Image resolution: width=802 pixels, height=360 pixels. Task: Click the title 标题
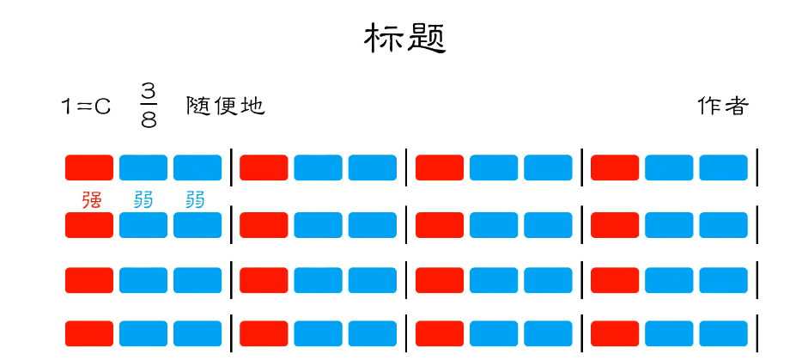(x=405, y=39)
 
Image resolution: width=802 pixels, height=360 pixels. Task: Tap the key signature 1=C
(x=86, y=107)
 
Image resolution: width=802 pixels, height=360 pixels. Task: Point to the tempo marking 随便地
(x=226, y=106)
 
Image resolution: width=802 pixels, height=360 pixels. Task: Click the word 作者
(x=723, y=106)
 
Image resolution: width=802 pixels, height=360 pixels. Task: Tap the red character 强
(x=92, y=199)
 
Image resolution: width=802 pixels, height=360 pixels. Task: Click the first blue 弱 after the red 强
(x=143, y=199)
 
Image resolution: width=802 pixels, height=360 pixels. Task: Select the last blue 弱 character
(x=196, y=199)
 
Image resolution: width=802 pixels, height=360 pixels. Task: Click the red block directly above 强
(x=89, y=168)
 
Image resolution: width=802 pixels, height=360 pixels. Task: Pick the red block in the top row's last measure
(x=615, y=168)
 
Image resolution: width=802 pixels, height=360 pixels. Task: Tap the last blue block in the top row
(x=723, y=168)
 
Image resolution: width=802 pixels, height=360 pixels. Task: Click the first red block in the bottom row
(x=89, y=333)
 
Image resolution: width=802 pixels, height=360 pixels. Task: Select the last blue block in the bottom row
(x=723, y=333)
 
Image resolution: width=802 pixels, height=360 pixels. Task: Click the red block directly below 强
(x=89, y=225)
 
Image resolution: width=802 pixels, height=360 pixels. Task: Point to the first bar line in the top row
(x=231, y=167)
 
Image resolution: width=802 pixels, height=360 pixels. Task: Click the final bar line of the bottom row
(x=757, y=333)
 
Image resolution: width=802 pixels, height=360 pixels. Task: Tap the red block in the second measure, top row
(x=264, y=168)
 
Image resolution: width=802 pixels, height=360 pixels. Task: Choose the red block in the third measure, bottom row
(x=440, y=333)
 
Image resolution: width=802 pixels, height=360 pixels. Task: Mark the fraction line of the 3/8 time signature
(x=149, y=107)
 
